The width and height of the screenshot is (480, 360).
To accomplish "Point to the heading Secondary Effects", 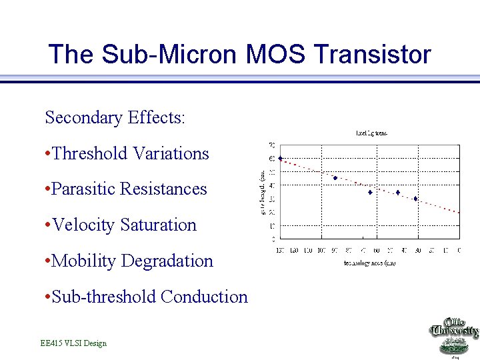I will point(115,118).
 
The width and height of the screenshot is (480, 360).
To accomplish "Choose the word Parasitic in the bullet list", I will point(83,189).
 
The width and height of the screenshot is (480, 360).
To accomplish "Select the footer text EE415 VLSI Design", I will point(73,343).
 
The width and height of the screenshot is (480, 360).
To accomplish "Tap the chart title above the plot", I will point(371,133).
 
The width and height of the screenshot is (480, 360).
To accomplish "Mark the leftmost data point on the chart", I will point(281,159).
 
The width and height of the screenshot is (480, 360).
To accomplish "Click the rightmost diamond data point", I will point(415,199).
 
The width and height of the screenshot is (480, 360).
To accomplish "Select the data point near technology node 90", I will point(335,178).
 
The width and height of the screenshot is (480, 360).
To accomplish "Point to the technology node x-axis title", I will point(369,263).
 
